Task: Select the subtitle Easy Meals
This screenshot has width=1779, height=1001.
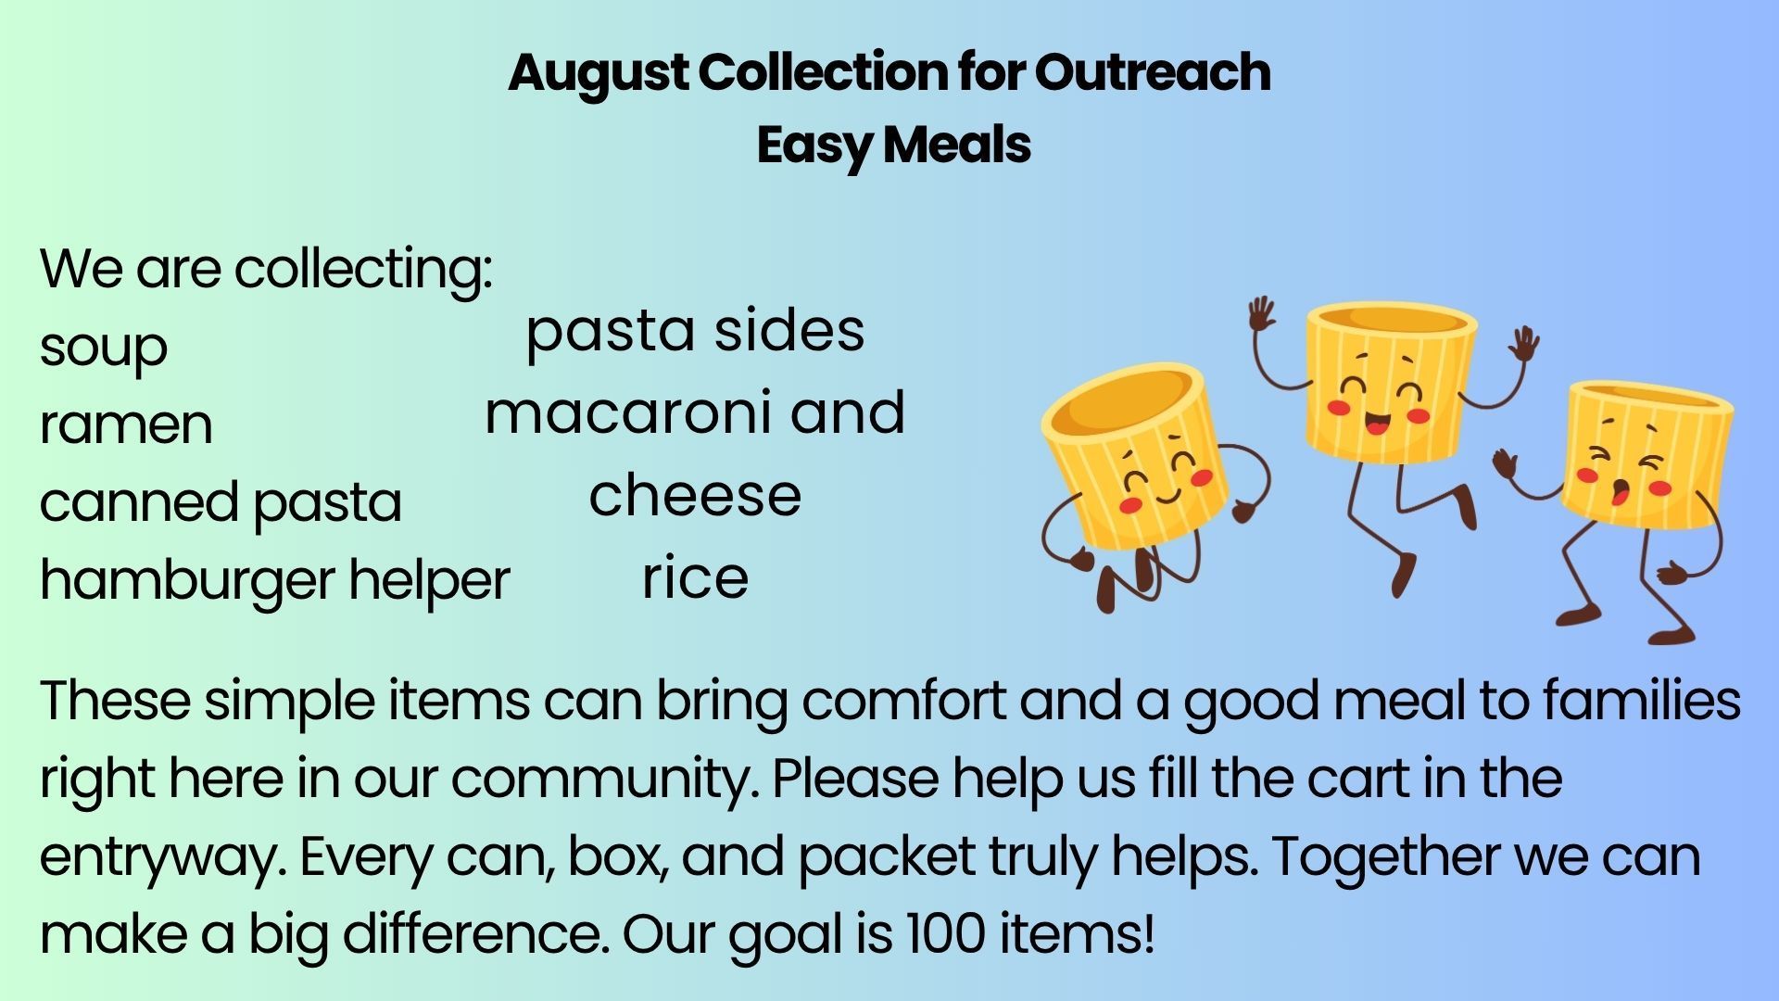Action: point(893,146)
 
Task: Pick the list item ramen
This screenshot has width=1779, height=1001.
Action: point(126,425)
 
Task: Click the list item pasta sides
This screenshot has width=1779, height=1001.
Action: point(695,332)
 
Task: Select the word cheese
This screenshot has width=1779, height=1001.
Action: point(695,495)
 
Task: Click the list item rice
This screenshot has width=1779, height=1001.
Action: point(695,577)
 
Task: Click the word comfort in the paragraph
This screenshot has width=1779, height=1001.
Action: point(903,701)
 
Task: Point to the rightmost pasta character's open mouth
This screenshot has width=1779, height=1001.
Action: point(1621,492)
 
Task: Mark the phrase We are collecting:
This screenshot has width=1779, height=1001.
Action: point(266,270)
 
